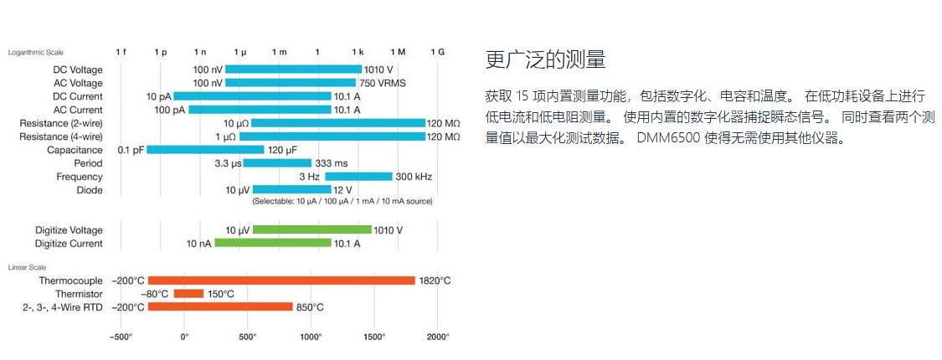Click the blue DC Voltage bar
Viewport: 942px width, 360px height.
pos(293,69)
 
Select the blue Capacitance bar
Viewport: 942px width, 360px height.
pos(205,150)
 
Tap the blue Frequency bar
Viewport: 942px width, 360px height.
pos(358,177)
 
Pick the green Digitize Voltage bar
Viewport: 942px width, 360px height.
pos(311,229)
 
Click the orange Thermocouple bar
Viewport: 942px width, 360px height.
pos(281,280)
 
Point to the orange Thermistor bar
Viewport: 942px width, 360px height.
pos(188,294)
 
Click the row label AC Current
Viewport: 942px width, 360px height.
pos(78,110)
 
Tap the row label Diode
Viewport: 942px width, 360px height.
pos(90,190)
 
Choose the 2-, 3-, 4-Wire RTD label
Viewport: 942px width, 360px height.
pos(63,307)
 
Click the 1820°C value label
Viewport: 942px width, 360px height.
pos(435,280)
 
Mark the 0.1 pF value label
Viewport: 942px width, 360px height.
pos(131,150)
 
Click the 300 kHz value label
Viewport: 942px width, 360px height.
pos(414,177)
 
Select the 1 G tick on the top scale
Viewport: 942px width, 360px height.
pos(437,52)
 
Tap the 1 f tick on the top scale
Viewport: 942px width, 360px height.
pos(121,52)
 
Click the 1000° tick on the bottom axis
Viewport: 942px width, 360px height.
pos(311,337)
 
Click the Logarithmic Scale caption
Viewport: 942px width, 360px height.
pos(36,52)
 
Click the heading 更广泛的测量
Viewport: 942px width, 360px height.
pos(545,60)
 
